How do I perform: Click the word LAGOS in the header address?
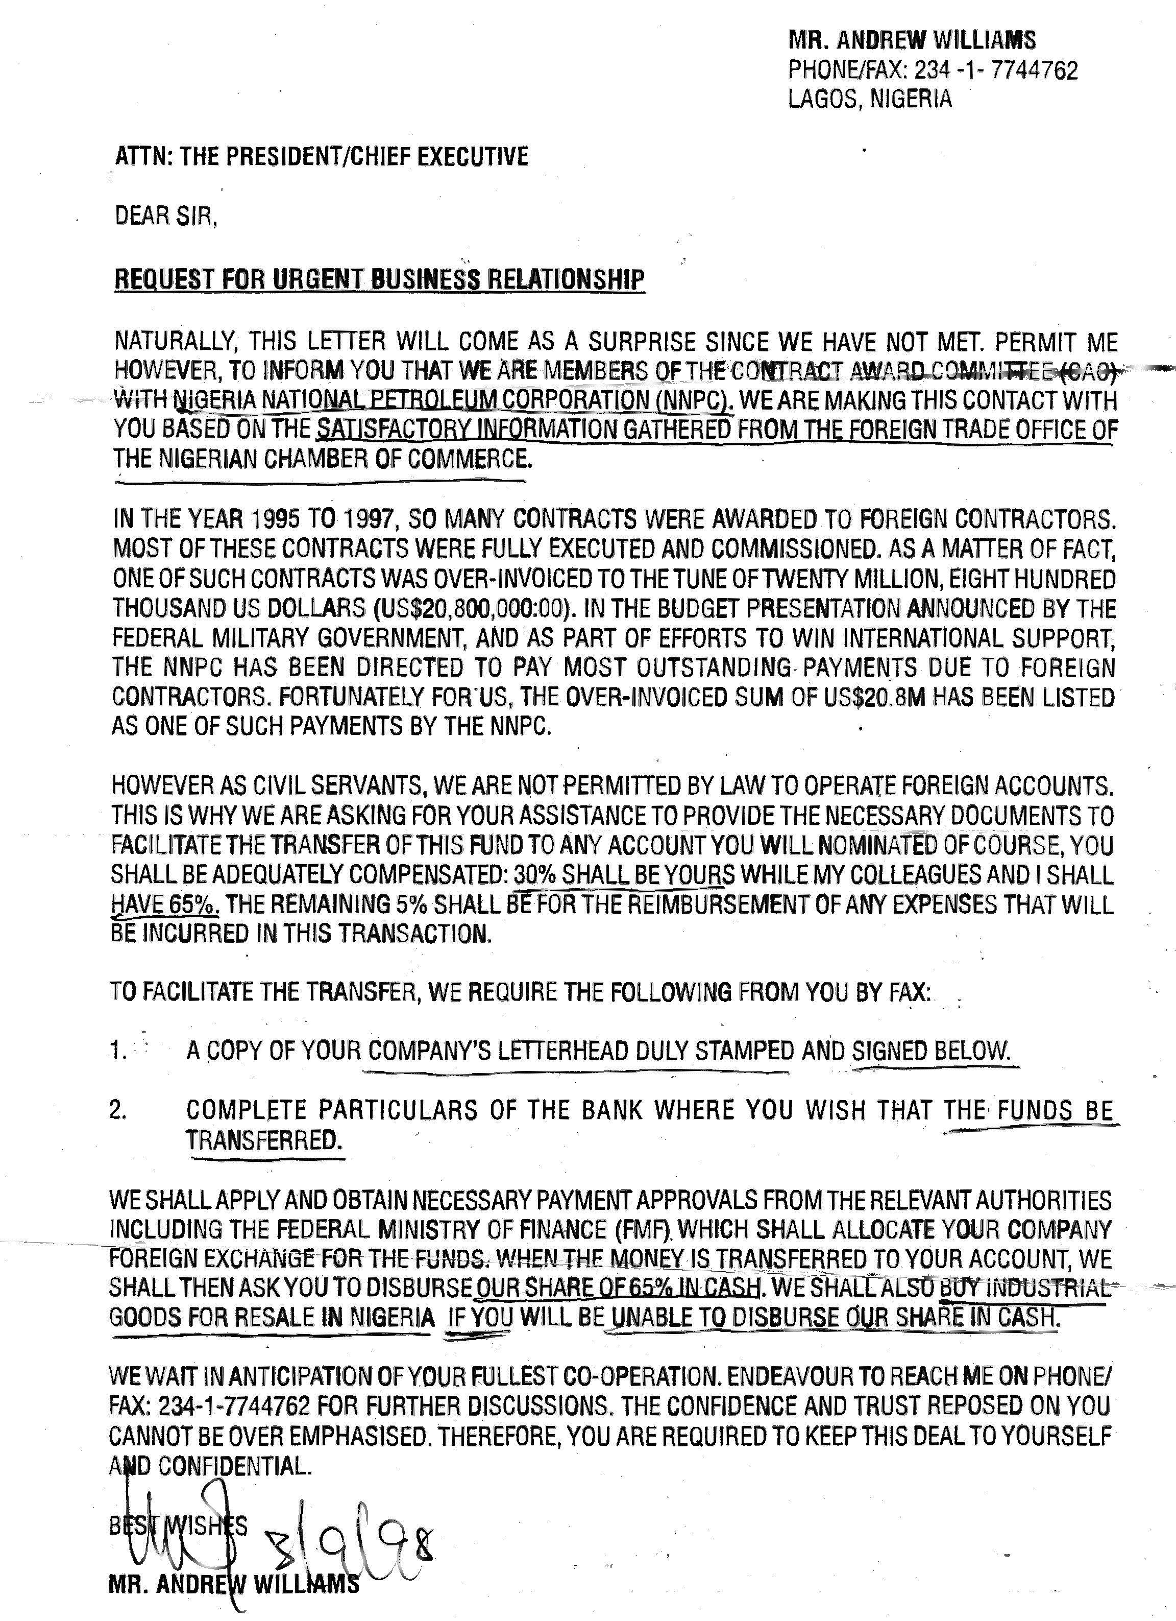pyautogui.click(x=818, y=99)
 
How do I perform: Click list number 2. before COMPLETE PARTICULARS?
pyautogui.click(x=119, y=1110)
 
